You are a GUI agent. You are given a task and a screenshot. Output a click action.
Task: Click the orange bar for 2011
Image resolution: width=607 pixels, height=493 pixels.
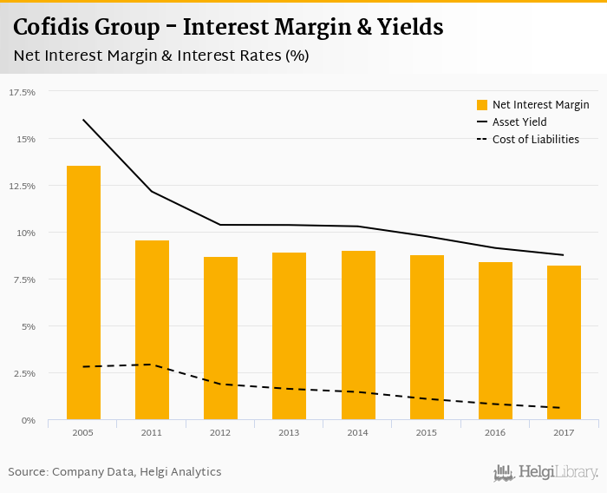[x=152, y=330]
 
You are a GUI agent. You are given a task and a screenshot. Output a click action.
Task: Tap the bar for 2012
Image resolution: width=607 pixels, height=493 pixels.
[x=220, y=339]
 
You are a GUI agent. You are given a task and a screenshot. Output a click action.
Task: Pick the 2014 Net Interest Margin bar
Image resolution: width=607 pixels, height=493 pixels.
[x=358, y=335]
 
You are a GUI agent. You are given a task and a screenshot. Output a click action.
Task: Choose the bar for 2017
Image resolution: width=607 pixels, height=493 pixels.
[x=564, y=343]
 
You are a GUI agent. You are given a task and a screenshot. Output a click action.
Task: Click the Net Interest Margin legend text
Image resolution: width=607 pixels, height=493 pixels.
[x=540, y=105]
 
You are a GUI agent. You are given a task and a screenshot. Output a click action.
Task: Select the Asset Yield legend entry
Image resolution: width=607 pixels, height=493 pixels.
[x=519, y=122]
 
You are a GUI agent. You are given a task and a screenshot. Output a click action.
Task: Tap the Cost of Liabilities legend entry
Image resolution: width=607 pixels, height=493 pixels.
[x=535, y=139]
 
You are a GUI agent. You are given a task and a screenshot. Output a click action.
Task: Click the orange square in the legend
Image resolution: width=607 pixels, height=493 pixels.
[x=482, y=105]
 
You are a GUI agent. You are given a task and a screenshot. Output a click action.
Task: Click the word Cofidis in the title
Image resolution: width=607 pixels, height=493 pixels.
[x=54, y=27]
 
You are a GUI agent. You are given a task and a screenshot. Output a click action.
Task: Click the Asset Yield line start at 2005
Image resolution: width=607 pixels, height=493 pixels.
[x=83, y=120]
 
